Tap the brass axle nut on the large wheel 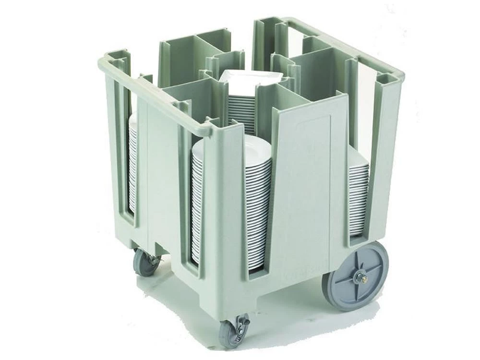coord(361,277)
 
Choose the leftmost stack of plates coord(132,163)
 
